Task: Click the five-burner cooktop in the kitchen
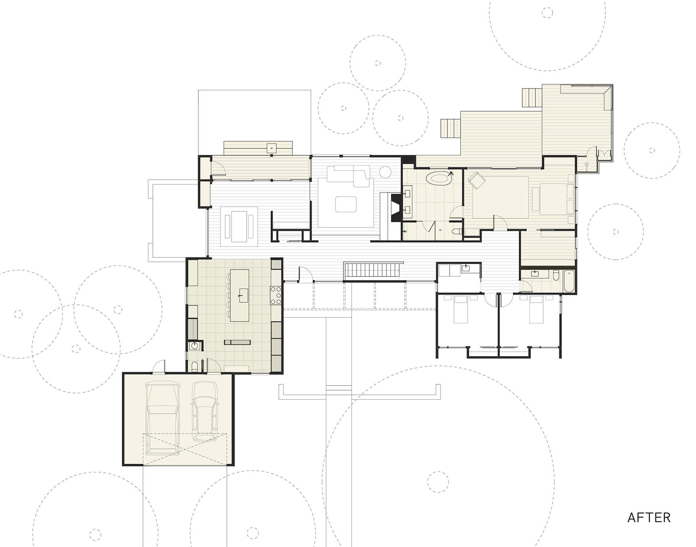pyautogui.click(x=275, y=295)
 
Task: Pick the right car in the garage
pyautogui.click(x=206, y=410)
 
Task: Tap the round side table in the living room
pyautogui.click(x=385, y=172)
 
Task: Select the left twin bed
pyautogui.click(x=460, y=309)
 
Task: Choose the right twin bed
pyautogui.click(x=536, y=309)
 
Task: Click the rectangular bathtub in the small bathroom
pyautogui.click(x=569, y=281)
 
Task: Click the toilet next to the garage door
pyautogui.click(x=195, y=366)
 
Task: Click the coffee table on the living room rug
pyautogui.click(x=346, y=204)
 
